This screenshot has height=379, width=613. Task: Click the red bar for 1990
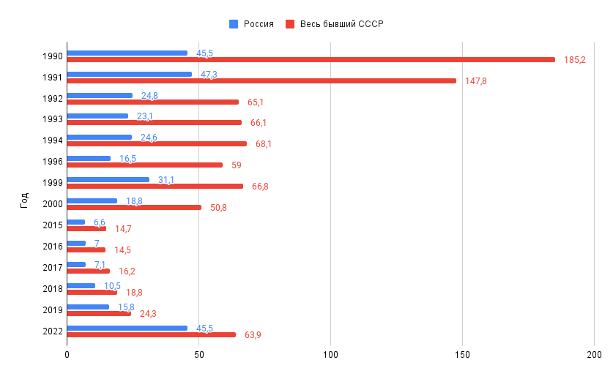pos(311,59)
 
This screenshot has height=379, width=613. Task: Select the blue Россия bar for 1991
pos(129,74)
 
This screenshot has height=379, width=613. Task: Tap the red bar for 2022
pos(151,334)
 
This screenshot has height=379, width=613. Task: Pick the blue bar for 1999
pos(108,179)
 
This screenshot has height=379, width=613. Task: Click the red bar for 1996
pos(144,165)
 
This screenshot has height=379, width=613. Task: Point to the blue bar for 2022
pos(127,328)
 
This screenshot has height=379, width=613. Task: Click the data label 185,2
pos(575,59)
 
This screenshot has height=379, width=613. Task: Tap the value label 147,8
pos(475,80)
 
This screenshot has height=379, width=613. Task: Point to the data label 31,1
pos(166,180)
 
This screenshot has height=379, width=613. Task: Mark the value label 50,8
pos(218,208)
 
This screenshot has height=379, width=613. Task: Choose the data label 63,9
pos(253,335)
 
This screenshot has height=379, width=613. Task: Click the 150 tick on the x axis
pos(462,356)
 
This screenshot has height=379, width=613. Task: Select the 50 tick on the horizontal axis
pos(198,356)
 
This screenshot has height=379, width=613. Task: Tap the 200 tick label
pos(594,356)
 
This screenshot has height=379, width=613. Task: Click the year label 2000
pos(52,204)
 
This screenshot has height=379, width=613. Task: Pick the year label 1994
pos(52,140)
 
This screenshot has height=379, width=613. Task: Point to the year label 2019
pos(52,310)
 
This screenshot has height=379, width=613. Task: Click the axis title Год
pos(24,199)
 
